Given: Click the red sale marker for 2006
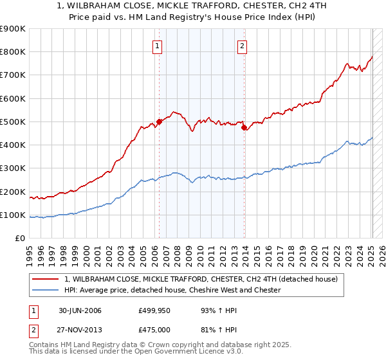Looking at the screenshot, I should (x=159, y=122).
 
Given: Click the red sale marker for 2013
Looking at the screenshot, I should (x=244, y=127).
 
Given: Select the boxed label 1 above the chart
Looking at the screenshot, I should (x=158, y=46).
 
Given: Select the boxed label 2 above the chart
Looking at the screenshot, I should (x=243, y=46).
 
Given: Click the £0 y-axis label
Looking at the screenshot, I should (x=19, y=239).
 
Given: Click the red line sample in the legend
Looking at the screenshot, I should (x=45, y=279).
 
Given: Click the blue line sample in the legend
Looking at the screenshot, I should (x=45, y=290).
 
